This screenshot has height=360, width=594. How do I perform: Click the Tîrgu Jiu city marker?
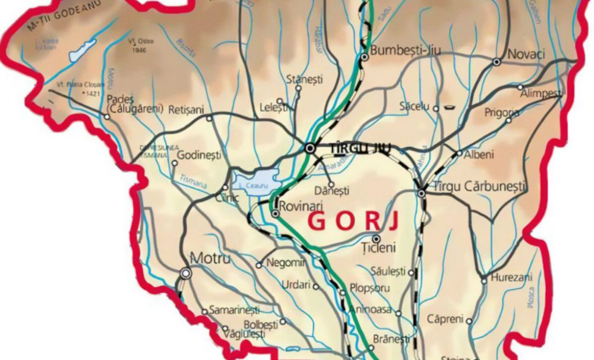[309, 147]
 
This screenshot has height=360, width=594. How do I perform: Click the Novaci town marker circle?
[497, 61]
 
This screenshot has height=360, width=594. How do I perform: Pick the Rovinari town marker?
[276, 213]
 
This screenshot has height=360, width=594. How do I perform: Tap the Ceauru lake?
[256, 179]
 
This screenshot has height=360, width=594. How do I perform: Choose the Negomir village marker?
[258, 265]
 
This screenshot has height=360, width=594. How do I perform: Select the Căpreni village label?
[445, 319]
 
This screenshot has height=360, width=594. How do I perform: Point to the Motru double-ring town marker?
[187, 273]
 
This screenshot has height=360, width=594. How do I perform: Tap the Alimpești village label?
[541, 94]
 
